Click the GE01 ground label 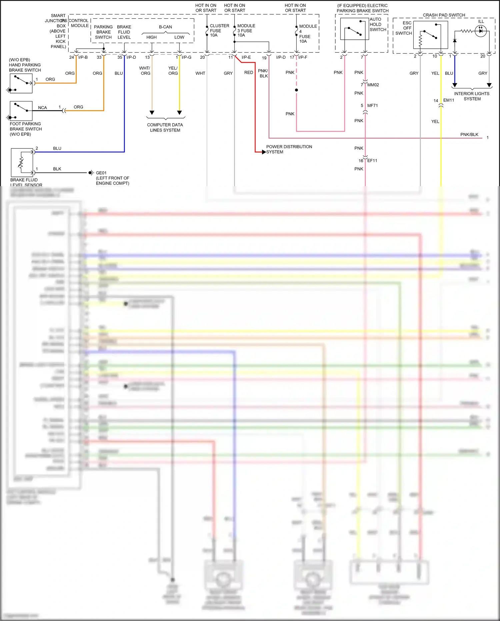tap(101, 173)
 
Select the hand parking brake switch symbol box tap(21, 83)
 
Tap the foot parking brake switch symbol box tap(21, 111)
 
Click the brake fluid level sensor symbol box tap(22, 163)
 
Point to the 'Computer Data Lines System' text tap(165, 127)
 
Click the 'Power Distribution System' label tap(289, 149)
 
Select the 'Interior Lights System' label tap(472, 96)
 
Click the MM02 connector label tap(373, 85)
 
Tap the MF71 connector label tap(372, 105)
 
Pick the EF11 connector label tap(372, 161)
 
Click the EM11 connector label tap(448, 100)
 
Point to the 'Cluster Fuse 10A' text tap(219, 30)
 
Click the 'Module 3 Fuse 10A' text tap(246, 30)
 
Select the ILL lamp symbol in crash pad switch tap(480, 31)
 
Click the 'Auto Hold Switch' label tap(378, 24)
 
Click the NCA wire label tap(42, 107)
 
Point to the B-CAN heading tap(165, 27)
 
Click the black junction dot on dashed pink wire tap(296, 90)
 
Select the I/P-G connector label tap(186, 57)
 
